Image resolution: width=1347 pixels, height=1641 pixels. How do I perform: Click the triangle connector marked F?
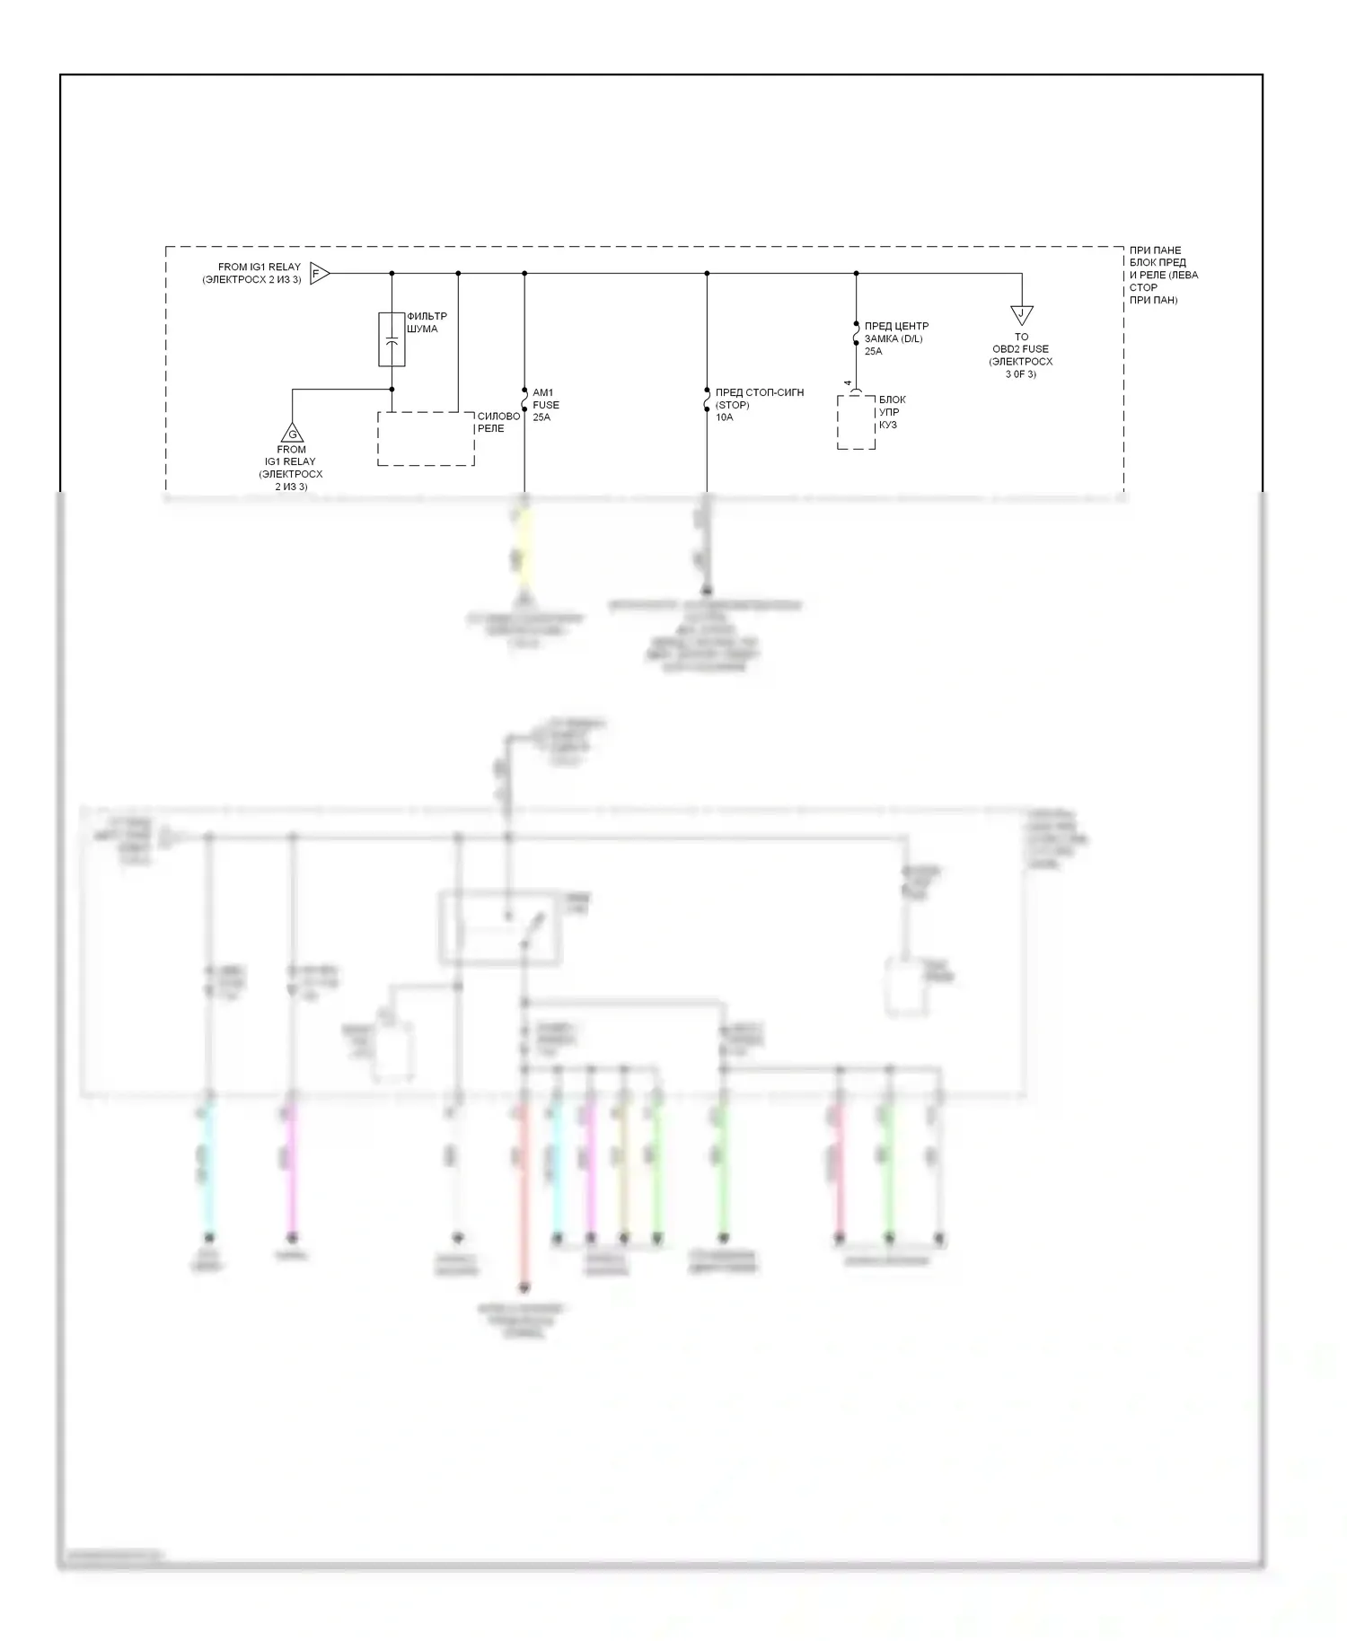(x=319, y=273)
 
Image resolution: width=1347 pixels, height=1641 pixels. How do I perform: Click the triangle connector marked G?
(x=292, y=433)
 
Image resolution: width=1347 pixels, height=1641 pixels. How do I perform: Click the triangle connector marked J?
(x=1022, y=315)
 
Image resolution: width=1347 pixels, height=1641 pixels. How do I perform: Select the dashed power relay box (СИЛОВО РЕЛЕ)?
(x=426, y=439)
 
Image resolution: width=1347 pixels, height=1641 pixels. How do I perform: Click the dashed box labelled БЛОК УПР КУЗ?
(x=856, y=422)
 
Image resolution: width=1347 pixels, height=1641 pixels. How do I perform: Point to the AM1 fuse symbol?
(x=524, y=396)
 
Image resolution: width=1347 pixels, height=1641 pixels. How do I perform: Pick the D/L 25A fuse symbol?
(x=856, y=335)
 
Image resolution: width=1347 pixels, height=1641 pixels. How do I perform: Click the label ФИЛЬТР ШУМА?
(x=427, y=322)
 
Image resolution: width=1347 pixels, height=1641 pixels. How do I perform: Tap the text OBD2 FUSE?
(x=1021, y=349)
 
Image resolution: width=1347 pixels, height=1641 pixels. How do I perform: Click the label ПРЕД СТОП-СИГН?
(x=760, y=392)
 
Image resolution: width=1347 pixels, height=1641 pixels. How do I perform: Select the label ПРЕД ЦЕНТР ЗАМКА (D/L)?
(x=895, y=332)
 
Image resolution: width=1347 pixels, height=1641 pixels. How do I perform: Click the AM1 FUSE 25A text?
(x=545, y=405)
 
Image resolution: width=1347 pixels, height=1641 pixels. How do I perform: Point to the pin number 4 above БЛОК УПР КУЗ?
(x=847, y=383)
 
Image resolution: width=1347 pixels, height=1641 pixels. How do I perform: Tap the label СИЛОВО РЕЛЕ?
(x=498, y=422)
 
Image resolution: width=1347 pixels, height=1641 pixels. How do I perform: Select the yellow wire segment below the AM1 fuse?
(x=524, y=548)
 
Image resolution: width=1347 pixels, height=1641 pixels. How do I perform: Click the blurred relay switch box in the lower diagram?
(x=500, y=928)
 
